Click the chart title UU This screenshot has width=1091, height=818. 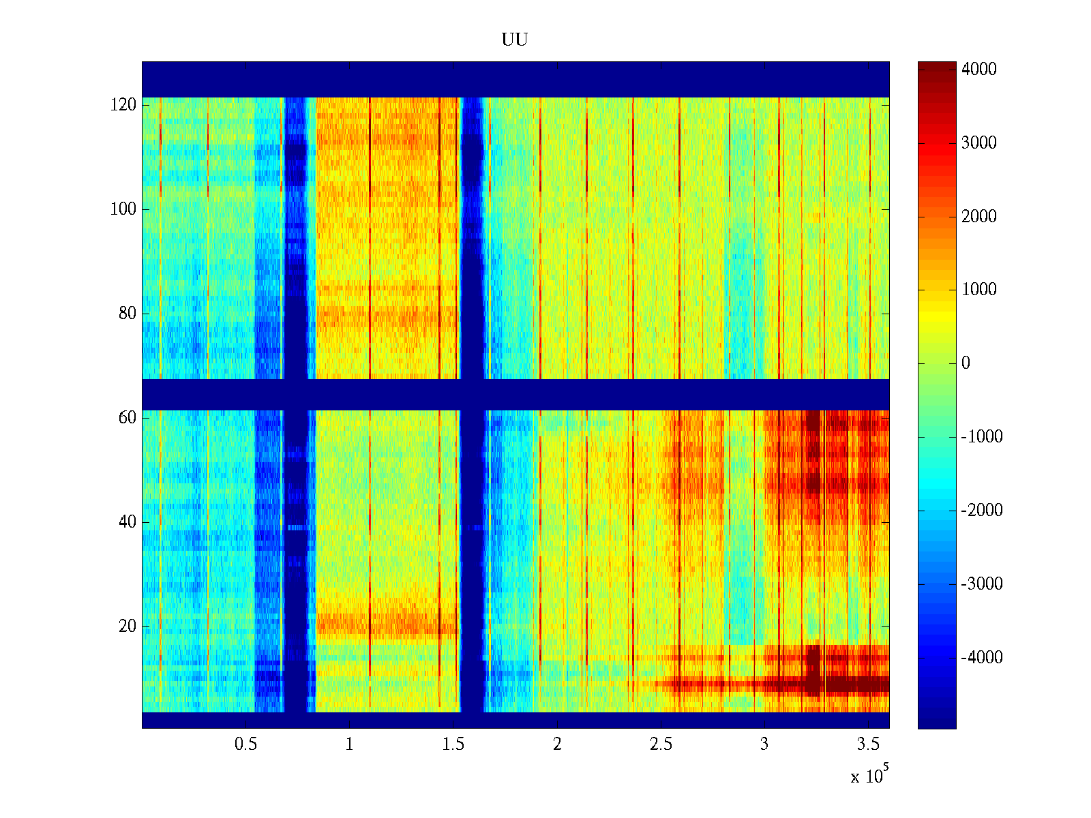tap(515, 40)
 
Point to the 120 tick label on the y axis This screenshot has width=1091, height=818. tap(123, 104)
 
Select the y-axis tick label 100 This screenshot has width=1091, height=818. tap(123, 209)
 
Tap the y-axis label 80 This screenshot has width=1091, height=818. tap(128, 314)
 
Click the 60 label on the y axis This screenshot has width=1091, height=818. tap(128, 418)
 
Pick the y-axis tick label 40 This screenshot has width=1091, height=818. tap(128, 522)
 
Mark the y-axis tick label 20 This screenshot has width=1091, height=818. tap(128, 626)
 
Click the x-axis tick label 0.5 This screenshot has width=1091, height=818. tap(246, 744)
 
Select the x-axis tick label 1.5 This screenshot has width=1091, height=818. tap(453, 744)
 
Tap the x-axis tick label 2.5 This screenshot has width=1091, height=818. tap(661, 744)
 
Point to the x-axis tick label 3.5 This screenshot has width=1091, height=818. tap(868, 744)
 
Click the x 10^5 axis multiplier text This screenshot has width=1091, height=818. tap(869, 775)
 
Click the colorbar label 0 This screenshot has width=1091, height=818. tap(966, 363)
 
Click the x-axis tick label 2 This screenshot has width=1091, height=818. tap(557, 744)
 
